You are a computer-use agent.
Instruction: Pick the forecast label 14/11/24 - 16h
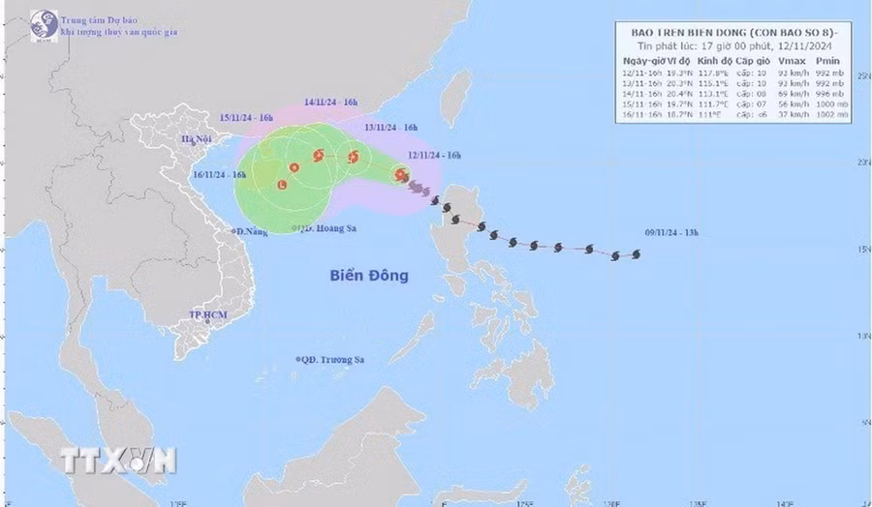point(331,102)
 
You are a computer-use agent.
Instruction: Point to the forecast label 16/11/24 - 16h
point(220,175)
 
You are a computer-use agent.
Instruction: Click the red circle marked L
point(282,184)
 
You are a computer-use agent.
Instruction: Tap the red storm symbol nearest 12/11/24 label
point(401,174)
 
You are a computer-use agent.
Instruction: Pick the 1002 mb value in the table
point(832,114)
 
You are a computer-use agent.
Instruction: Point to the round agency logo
point(43,26)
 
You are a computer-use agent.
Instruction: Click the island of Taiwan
point(455,97)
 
